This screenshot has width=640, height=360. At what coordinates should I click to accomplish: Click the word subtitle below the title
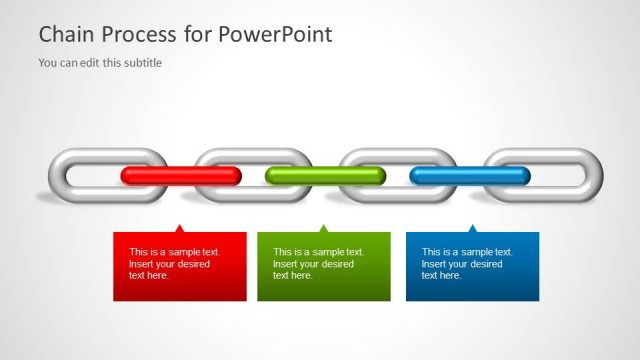(141, 63)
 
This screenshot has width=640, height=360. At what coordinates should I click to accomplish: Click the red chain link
(181, 176)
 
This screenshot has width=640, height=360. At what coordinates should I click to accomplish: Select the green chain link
(325, 176)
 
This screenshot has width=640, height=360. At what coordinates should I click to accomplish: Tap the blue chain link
(470, 176)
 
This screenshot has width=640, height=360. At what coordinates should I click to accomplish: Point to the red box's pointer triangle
(179, 229)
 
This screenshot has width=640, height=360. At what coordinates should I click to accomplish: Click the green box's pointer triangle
(323, 229)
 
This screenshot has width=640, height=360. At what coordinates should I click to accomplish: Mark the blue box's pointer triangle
(472, 229)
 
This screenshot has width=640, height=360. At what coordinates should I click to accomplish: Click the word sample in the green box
(320, 252)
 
